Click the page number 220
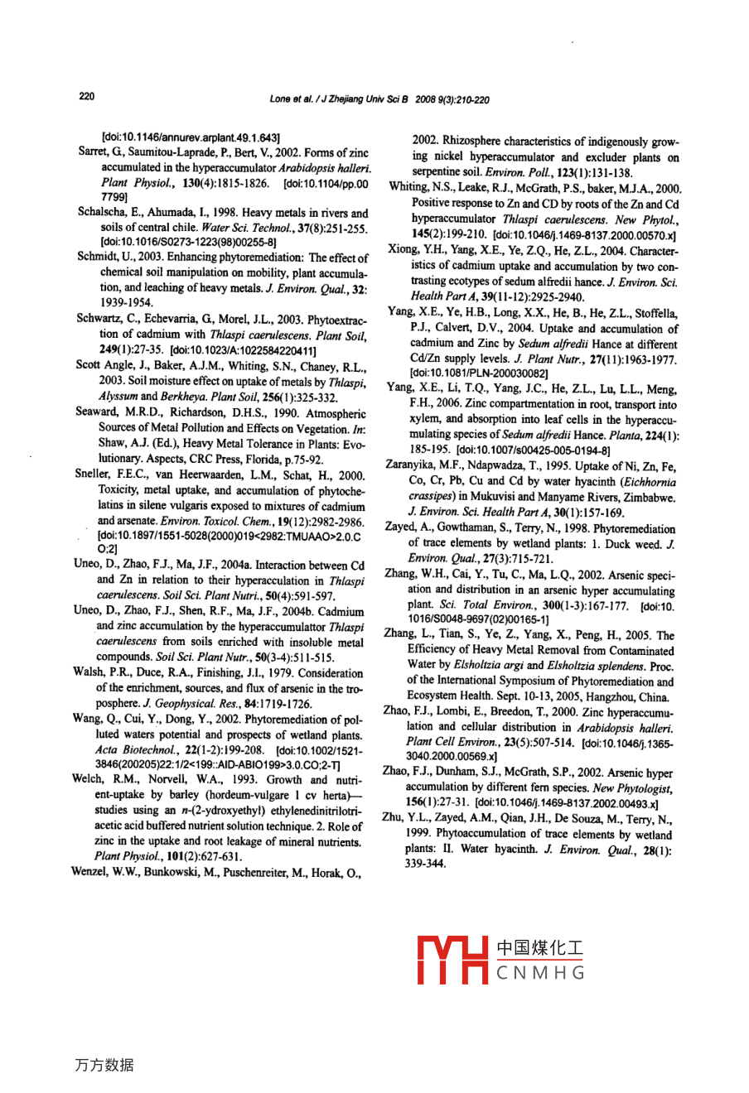86,97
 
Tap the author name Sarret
92,152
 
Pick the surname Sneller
92,474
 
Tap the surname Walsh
89,672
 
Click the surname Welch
88,779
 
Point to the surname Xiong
404,250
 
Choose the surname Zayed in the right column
401,527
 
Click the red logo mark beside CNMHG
452,959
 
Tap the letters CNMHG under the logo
540,974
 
